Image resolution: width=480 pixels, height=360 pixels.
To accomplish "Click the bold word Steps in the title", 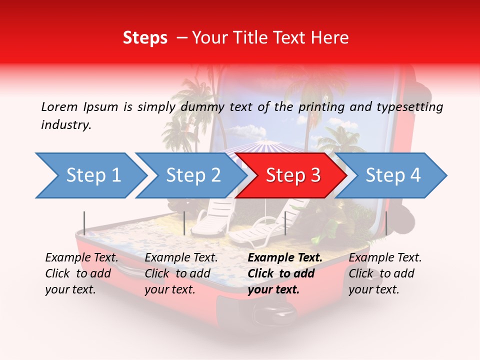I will [145, 38].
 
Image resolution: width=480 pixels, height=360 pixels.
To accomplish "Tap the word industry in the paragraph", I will [65, 125].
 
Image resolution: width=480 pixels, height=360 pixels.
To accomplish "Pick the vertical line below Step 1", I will [84, 223].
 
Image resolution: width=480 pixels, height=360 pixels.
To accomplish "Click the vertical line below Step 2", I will [184, 223].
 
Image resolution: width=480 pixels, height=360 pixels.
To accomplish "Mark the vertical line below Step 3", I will [285, 223].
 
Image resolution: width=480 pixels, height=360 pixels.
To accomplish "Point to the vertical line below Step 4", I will [386, 223].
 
